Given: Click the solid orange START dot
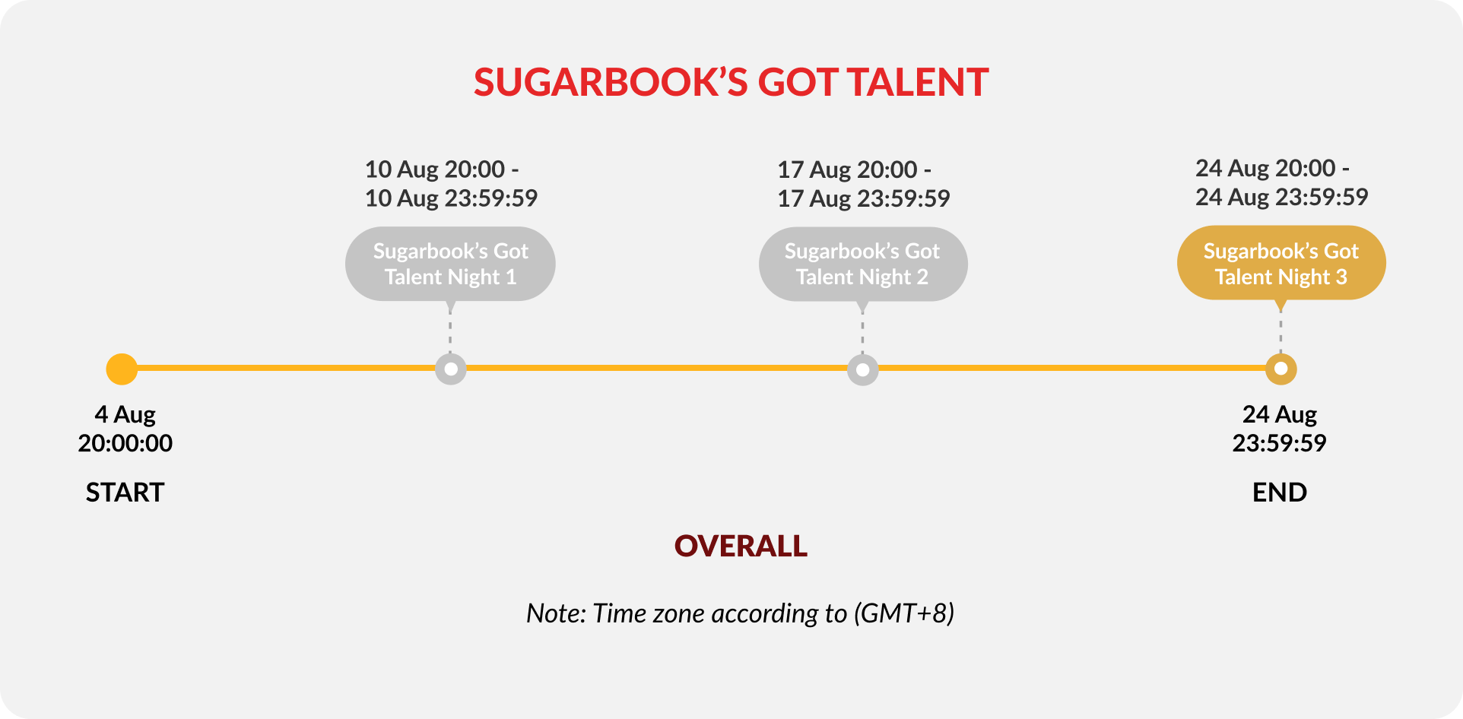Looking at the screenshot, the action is (x=122, y=369).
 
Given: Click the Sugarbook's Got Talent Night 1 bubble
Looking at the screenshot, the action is (x=450, y=264).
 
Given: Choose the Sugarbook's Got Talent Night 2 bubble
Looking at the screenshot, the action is (x=863, y=264).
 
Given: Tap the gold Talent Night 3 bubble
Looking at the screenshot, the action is (x=1281, y=263).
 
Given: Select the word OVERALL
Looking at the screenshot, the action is (x=741, y=546).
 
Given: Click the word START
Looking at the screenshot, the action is (x=125, y=493).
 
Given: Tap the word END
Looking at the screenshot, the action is (x=1280, y=493).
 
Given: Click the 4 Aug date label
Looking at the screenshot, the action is (x=125, y=415).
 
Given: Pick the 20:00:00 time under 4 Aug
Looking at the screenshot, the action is (x=125, y=443).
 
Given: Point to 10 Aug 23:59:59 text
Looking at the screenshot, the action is (x=451, y=198).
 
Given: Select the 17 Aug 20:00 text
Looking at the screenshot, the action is (x=847, y=169).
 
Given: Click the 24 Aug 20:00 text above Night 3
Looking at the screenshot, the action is (x=1265, y=168).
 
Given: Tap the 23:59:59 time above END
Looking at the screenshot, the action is (x=1280, y=443).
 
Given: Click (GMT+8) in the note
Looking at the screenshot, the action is (x=904, y=613).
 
